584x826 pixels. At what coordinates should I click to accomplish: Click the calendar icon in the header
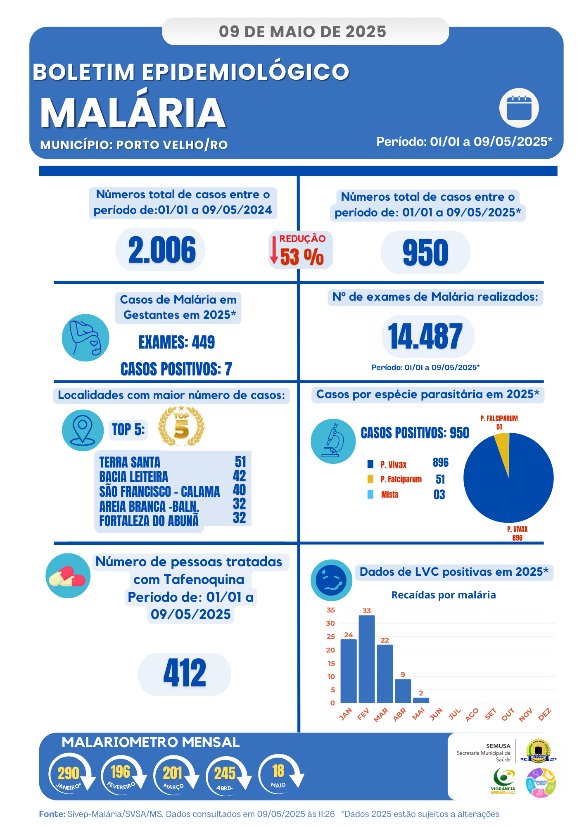tap(519, 108)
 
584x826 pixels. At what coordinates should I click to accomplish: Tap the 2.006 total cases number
tap(161, 250)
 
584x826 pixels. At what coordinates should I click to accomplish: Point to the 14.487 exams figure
tap(425, 336)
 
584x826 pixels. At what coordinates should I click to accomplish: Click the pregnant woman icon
tap(85, 338)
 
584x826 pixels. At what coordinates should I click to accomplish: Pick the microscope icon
tap(333, 441)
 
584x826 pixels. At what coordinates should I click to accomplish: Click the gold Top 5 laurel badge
tap(181, 427)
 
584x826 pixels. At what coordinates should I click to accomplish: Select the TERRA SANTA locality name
tap(130, 462)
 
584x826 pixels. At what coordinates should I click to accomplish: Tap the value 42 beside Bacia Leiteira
tap(239, 476)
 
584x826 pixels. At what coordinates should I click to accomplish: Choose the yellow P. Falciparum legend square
tap(370, 479)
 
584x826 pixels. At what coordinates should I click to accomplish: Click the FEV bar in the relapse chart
tap(366, 659)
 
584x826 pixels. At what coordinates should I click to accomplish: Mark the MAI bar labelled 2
tap(421, 700)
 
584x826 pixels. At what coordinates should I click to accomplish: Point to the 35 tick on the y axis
tap(331, 610)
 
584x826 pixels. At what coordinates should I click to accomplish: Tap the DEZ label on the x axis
tap(545, 714)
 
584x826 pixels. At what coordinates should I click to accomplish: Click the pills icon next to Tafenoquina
tap(68, 576)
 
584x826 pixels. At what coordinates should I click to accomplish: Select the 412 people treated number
tap(185, 673)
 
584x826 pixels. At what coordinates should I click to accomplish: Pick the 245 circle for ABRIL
tap(225, 774)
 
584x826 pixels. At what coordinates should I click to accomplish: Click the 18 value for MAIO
tap(278, 771)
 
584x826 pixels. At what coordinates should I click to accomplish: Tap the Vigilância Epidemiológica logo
tap(503, 781)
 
